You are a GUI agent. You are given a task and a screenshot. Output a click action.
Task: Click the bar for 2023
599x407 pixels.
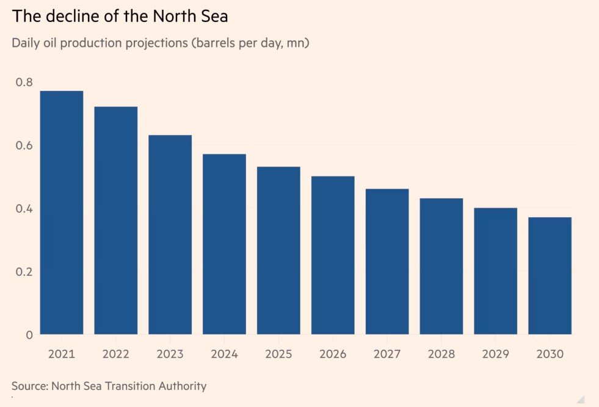pos(170,234)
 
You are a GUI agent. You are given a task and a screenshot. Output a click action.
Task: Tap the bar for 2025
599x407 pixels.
pos(278,250)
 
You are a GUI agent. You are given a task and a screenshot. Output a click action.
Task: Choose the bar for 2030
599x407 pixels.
pos(550,276)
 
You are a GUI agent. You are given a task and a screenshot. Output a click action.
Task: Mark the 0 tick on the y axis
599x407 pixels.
pos(29,334)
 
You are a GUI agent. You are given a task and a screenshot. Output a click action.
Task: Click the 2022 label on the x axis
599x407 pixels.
pos(116,354)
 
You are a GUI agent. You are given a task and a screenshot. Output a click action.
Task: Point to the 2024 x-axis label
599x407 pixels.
pos(224,354)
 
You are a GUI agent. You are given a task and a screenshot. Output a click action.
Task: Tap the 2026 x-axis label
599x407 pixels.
pos(333,354)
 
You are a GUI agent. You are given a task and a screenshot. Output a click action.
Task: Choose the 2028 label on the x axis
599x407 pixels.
pos(441,354)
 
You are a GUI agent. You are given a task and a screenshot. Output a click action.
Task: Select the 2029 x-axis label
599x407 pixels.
pos(495,354)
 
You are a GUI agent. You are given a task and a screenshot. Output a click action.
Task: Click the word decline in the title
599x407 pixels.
pos(68,16)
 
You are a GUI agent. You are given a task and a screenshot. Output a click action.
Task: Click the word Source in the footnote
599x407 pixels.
pos(29,386)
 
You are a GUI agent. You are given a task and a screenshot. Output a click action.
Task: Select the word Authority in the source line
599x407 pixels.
pos(183,386)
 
